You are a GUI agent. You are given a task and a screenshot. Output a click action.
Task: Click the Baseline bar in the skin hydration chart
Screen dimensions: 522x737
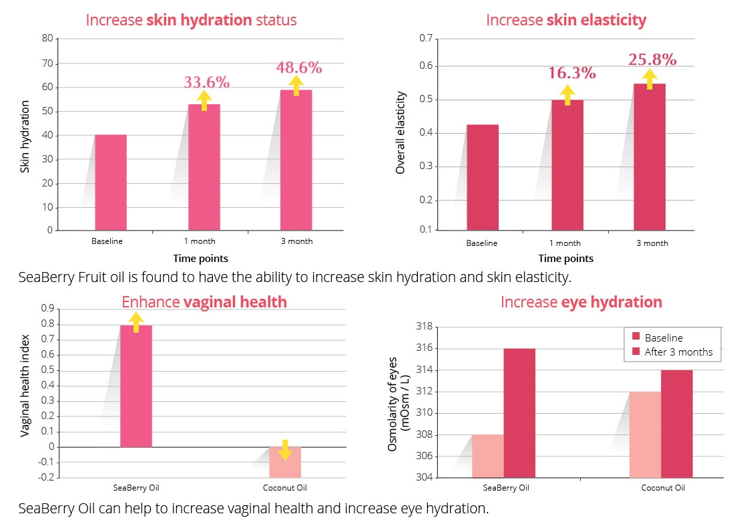click(111, 182)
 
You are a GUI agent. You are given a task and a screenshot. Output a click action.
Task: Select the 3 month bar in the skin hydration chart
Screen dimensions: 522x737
click(296, 160)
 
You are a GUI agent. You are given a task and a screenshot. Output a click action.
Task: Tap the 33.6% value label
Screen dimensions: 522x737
click(207, 82)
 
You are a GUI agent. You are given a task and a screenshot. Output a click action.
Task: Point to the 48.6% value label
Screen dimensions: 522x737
click(299, 68)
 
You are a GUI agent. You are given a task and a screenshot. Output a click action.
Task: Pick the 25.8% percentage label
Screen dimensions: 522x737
click(652, 59)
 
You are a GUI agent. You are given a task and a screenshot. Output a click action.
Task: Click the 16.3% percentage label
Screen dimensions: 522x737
click(572, 73)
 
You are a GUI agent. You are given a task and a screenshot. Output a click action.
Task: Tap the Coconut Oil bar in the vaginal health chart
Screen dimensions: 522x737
click(286, 462)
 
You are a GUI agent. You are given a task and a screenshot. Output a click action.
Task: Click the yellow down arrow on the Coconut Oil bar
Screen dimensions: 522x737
click(286, 450)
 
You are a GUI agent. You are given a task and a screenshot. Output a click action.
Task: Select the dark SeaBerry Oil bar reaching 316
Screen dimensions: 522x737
click(519, 413)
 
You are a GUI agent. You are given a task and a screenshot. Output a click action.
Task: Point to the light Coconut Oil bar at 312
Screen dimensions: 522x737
click(645, 434)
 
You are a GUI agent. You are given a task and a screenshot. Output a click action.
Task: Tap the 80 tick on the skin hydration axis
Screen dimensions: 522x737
click(47, 39)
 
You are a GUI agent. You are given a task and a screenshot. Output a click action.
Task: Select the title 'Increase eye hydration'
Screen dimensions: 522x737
click(581, 302)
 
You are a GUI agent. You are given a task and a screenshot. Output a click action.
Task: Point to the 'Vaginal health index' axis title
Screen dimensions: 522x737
click(25, 386)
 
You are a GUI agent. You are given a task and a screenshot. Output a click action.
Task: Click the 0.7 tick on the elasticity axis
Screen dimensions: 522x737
click(425, 39)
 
